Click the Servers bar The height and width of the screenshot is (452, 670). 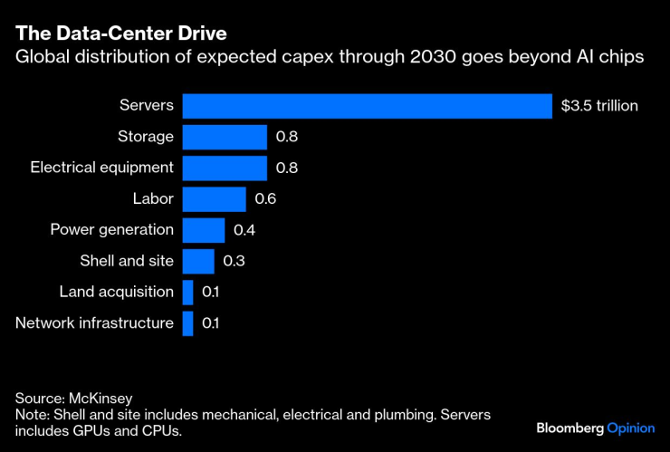367,106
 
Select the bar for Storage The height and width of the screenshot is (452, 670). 225,137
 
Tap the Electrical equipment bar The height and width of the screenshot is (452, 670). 225,168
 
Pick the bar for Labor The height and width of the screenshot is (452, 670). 214,199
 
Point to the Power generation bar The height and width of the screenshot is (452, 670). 203,230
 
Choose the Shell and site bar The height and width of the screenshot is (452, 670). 198,261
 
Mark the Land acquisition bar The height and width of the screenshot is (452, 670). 187,292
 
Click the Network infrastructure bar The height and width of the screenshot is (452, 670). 187,323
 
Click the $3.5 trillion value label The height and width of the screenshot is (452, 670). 599,106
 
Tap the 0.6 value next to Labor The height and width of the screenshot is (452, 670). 267,199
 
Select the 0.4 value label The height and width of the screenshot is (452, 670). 244,230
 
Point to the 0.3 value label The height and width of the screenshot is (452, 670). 234,261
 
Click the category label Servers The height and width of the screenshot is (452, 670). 147,106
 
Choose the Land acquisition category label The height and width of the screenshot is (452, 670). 117,292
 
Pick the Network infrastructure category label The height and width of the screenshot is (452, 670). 95,323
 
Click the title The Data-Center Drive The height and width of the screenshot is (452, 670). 120,34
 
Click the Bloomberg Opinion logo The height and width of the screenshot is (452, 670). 594,428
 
